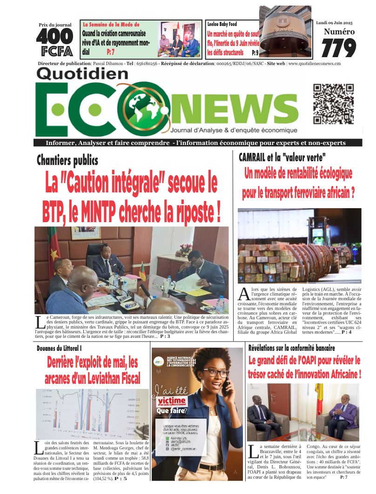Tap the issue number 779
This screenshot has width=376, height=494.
tap(338, 47)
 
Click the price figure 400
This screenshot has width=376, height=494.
tap(54, 36)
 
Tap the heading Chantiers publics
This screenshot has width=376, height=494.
tap(67, 161)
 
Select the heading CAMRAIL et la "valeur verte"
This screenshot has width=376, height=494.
tap(282, 157)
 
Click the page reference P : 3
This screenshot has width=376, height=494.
tap(165, 336)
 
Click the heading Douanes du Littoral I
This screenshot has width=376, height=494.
tap(60, 348)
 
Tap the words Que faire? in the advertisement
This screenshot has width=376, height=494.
tap(172, 411)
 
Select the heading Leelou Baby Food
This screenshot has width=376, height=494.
tap(222, 23)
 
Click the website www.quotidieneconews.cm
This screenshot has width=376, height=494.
tap(314, 63)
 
